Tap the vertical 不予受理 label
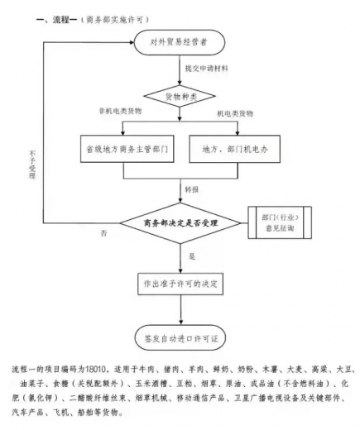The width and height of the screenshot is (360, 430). tap(29, 170)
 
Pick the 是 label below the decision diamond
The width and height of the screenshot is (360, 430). tap(192, 256)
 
